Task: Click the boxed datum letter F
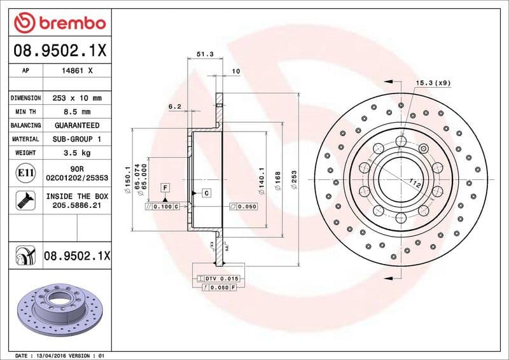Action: [165, 188]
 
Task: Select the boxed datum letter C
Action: [207, 193]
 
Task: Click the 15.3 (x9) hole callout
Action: [433, 83]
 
